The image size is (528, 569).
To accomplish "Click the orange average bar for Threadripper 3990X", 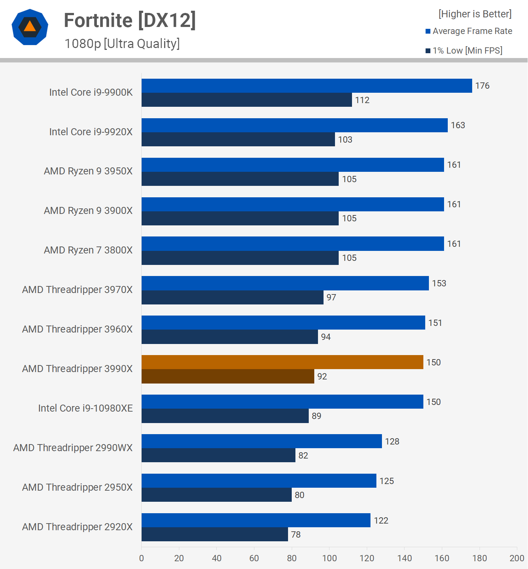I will [282, 362].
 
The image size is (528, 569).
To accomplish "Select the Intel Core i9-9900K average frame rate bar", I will [307, 86].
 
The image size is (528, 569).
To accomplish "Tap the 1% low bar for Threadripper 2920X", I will [214, 534].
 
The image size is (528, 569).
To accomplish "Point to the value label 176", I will [482, 86].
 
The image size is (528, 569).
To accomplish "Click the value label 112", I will [362, 100].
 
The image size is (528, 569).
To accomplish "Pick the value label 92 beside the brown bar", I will [322, 377].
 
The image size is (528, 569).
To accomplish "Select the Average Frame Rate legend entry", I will [469, 31].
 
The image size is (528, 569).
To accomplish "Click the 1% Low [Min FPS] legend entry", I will [464, 51].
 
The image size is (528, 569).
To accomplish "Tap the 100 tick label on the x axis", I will [329, 558].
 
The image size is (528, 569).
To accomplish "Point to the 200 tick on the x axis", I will [517, 558].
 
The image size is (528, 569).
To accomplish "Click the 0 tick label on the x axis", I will [142, 558].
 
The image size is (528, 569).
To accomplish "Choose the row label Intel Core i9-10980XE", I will [85, 408].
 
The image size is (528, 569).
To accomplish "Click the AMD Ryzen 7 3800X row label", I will [88, 250].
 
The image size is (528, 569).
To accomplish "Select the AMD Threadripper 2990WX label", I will [73, 448].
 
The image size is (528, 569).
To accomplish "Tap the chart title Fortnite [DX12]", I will [130, 20].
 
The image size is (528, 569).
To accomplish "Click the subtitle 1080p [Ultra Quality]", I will [122, 44].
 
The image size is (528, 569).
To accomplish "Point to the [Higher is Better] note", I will [475, 14].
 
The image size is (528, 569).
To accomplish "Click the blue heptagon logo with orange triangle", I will [30, 27].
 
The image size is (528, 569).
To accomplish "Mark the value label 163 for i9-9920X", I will [458, 125].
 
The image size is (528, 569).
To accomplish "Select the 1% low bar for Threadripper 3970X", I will [232, 297].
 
